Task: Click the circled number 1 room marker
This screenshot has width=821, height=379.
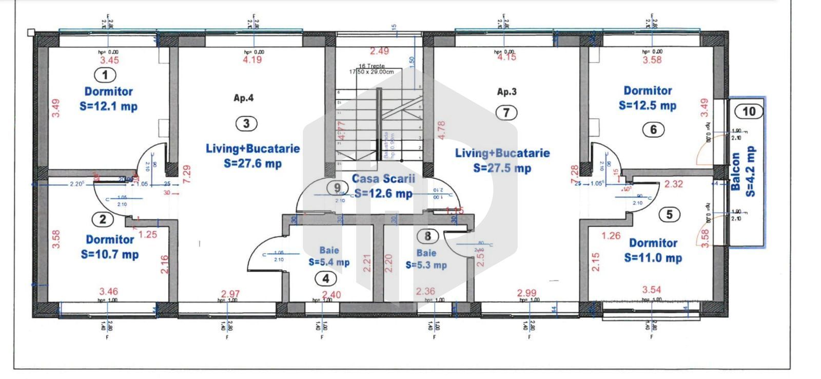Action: [x=106, y=75]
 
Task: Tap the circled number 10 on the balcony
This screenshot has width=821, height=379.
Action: [x=749, y=111]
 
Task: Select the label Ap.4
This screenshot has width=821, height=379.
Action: [x=243, y=98]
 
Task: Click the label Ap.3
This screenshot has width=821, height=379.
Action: [x=506, y=92]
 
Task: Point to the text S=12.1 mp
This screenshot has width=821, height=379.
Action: [x=109, y=106]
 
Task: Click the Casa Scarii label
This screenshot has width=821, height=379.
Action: [x=383, y=179]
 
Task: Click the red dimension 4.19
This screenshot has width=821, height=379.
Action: [x=252, y=60]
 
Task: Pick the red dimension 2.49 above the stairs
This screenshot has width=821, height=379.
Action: [x=380, y=51]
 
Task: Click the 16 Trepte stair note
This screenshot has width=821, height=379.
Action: [x=372, y=66]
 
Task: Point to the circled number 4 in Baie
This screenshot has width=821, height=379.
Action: [x=325, y=279]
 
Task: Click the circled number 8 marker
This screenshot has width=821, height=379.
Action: [x=427, y=236]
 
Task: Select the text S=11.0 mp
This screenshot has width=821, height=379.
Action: [x=653, y=258]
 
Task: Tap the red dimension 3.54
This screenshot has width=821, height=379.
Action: [x=652, y=290]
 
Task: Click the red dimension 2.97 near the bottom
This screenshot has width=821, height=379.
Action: [x=230, y=294]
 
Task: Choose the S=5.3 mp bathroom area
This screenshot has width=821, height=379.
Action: [x=426, y=265]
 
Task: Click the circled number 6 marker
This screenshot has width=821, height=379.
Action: [x=653, y=129]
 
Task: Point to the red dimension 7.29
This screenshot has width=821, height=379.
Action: [x=187, y=175]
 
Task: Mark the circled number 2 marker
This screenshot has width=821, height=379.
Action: [x=103, y=219]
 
